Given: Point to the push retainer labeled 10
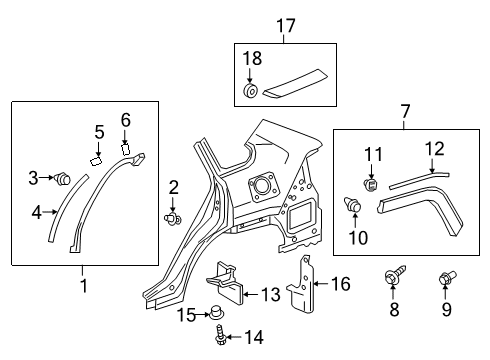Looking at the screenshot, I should coord(352,207).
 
